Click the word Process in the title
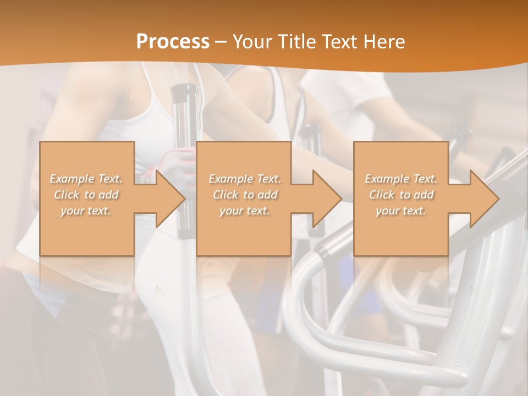(173, 42)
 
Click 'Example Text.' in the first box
(86, 179)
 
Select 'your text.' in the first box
(86, 211)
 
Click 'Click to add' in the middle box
(245, 195)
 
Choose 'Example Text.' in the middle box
(245, 179)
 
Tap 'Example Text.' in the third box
(401, 179)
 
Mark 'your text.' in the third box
(400, 211)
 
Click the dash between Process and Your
(221, 42)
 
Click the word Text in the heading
(339, 42)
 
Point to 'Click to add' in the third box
(401, 195)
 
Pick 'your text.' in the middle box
(244, 211)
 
